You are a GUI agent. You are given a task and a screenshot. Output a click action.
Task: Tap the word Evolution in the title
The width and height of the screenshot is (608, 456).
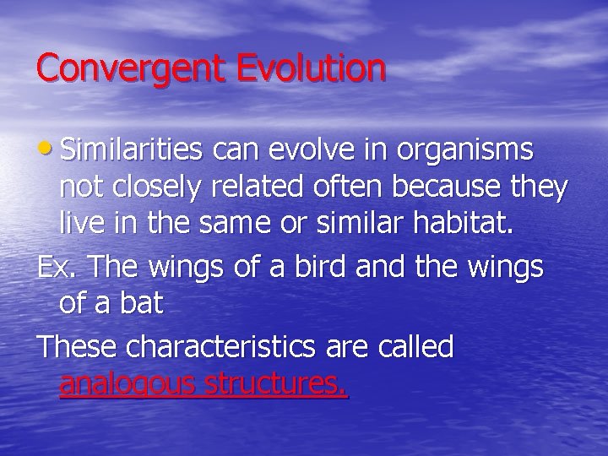click(x=312, y=68)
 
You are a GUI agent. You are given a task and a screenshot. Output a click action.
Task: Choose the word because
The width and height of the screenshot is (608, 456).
click(x=443, y=187)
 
